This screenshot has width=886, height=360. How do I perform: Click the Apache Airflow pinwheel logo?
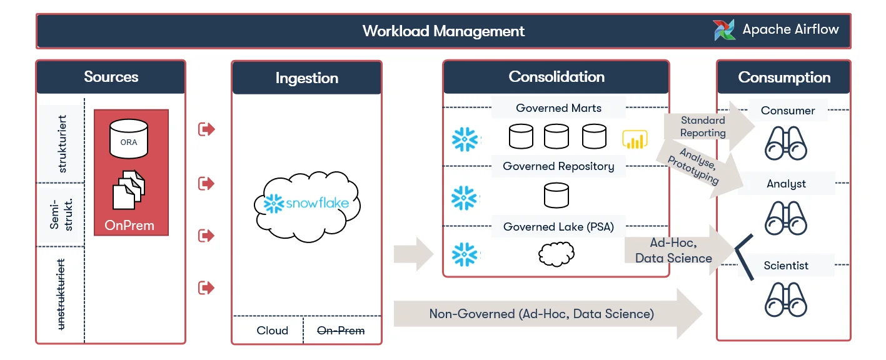[724, 30]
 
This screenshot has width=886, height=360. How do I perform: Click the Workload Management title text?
[443, 31]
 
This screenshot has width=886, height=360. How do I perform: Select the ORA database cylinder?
[129, 139]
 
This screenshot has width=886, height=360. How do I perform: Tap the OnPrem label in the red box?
[129, 225]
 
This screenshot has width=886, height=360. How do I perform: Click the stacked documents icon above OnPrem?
[129, 189]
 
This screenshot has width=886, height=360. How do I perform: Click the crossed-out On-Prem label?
[341, 331]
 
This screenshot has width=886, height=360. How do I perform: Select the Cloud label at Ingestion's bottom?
[272, 331]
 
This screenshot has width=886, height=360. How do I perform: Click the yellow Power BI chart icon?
[635, 139]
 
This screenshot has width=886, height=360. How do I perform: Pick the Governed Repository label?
[558, 166]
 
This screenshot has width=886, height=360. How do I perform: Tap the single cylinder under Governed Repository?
[556, 195]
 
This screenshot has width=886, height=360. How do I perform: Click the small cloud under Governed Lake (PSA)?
[556, 254]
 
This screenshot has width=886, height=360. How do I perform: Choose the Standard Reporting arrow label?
[703, 126]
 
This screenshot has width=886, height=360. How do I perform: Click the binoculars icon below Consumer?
[785, 143]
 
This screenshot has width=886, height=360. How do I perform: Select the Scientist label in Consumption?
[786, 266]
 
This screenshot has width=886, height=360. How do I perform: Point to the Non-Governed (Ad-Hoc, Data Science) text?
[541, 314]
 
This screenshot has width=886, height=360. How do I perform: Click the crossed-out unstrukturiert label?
[61, 294]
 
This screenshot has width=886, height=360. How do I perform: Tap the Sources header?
[111, 77]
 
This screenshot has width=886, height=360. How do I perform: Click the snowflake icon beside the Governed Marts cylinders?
[465, 139]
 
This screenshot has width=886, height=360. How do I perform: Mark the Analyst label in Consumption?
[786, 184]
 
